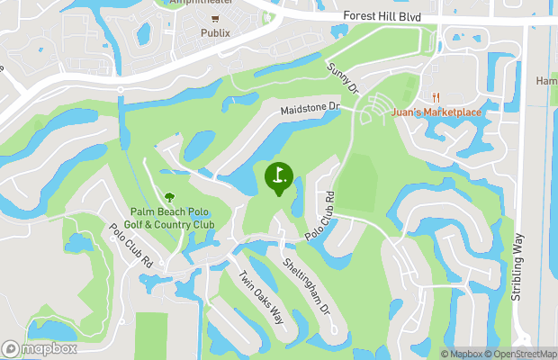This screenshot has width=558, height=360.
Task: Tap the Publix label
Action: point(215,33)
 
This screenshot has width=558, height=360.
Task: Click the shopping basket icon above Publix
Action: point(215,18)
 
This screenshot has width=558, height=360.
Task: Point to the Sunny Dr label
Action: point(343,79)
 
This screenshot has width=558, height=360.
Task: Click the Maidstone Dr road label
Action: point(310,108)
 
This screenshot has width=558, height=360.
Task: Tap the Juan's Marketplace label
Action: point(436,112)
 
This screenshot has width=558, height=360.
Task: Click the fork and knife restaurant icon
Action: point(436,97)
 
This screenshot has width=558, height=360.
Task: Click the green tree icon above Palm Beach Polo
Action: point(169,197)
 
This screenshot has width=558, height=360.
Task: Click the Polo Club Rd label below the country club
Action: point(131,246)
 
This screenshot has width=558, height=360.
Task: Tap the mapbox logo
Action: point(40,348)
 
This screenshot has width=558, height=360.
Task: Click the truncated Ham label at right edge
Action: point(547,81)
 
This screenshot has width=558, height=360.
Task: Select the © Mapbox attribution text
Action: point(463,354)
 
